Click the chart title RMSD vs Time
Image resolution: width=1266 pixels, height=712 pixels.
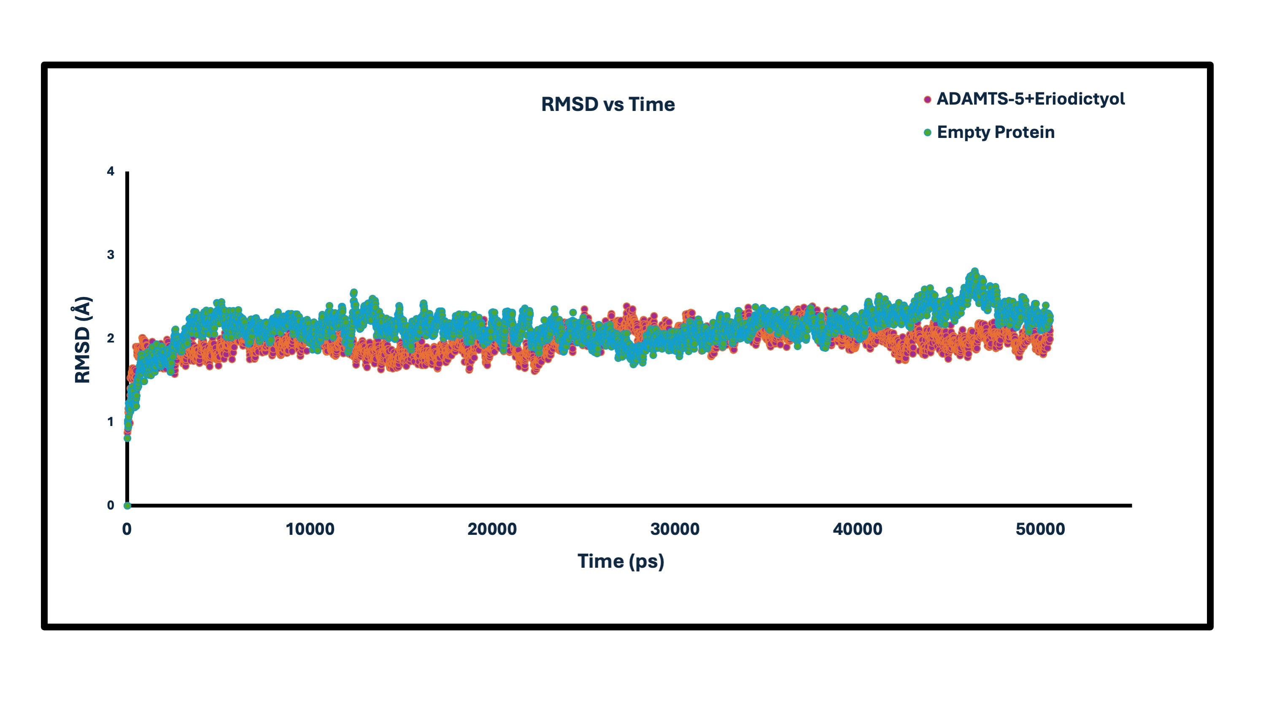click(608, 105)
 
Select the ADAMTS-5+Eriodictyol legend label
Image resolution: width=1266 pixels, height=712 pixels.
click(1030, 99)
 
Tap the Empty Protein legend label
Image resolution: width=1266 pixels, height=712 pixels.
click(995, 133)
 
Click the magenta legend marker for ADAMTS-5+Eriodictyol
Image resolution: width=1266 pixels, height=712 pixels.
click(927, 100)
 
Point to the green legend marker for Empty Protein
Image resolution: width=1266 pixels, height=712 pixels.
click(927, 133)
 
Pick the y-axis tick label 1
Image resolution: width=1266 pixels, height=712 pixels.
click(111, 422)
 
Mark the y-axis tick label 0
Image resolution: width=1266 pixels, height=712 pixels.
click(111, 506)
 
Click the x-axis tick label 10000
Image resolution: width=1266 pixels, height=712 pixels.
click(310, 530)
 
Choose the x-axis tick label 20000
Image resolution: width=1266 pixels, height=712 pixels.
click(492, 530)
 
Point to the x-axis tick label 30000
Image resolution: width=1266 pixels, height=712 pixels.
click(675, 530)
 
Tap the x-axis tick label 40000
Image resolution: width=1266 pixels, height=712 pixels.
click(858, 530)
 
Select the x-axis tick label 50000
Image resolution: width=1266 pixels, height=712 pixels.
click(1040, 530)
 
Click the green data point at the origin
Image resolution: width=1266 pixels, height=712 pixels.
click(127, 506)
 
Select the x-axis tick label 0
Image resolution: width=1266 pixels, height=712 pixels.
click(127, 530)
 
